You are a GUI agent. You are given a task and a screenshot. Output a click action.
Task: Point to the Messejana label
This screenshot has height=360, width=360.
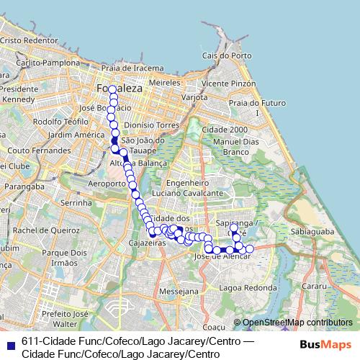[176, 292]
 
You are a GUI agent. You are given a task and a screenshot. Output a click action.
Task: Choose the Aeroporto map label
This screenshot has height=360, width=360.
[106, 184]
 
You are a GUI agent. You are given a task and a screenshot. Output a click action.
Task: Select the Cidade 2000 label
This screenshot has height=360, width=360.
[225, 129]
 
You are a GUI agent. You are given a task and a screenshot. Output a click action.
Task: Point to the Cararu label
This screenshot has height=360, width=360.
[314, 287]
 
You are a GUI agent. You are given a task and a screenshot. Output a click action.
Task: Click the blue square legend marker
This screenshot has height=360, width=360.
[9, 344]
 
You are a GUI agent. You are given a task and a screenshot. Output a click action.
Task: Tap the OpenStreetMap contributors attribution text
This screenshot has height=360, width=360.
[297, 323]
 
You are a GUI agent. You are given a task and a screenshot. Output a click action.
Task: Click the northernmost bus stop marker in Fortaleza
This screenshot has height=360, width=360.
[112, 89]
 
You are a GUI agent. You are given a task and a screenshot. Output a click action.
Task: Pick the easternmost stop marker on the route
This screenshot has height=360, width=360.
[250, 249]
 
